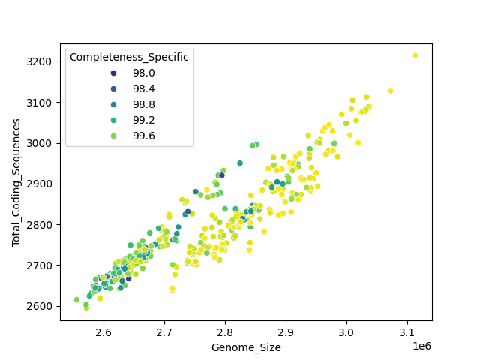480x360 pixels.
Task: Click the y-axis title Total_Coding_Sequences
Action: (16, 183)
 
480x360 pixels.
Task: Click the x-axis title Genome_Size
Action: (246, 347)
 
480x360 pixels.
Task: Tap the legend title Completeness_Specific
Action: (129, 57)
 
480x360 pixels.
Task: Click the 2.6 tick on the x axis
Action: (103, 331)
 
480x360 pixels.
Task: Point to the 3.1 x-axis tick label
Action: (407, 331)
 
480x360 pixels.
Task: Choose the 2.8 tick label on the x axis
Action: (225, 331)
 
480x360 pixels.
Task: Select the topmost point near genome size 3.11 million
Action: (415, 55)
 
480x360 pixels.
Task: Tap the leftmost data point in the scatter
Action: (76, 299)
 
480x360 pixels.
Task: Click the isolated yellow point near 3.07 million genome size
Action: (390, 91)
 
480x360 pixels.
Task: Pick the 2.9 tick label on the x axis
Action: (286, 331)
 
